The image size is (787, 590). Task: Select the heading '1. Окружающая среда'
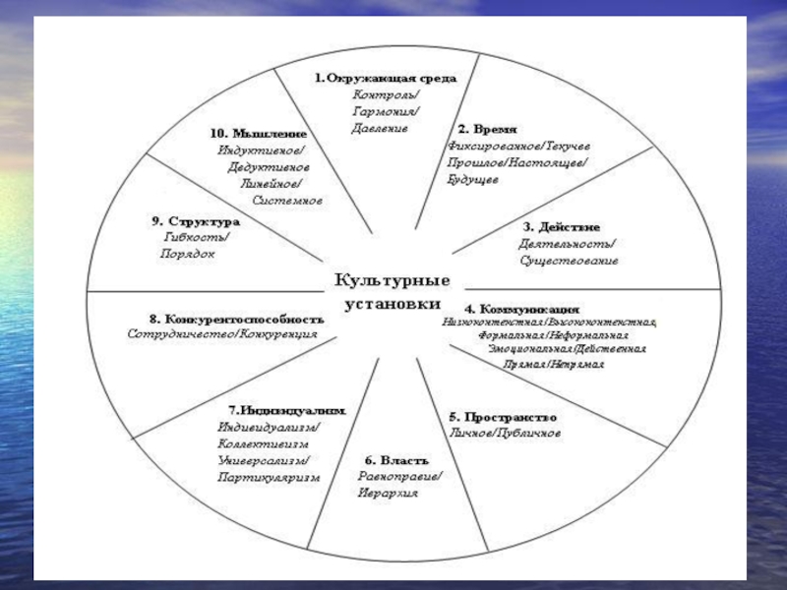[x=385, y=78]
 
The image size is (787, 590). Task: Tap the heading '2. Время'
[x=487, y=129]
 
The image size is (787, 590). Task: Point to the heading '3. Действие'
[x=561, y=227]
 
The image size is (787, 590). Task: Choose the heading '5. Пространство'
[x=502, y=415]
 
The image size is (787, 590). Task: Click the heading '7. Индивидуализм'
[x=285, y=409]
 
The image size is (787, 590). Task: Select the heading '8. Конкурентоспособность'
[x=235, y=319]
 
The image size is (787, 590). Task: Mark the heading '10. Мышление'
[x=258, y=133]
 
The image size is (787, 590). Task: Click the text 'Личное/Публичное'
[x=505, y=433]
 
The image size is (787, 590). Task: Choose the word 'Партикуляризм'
[x=269, y=477]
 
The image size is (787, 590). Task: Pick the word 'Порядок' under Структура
[x=187, y=254]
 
